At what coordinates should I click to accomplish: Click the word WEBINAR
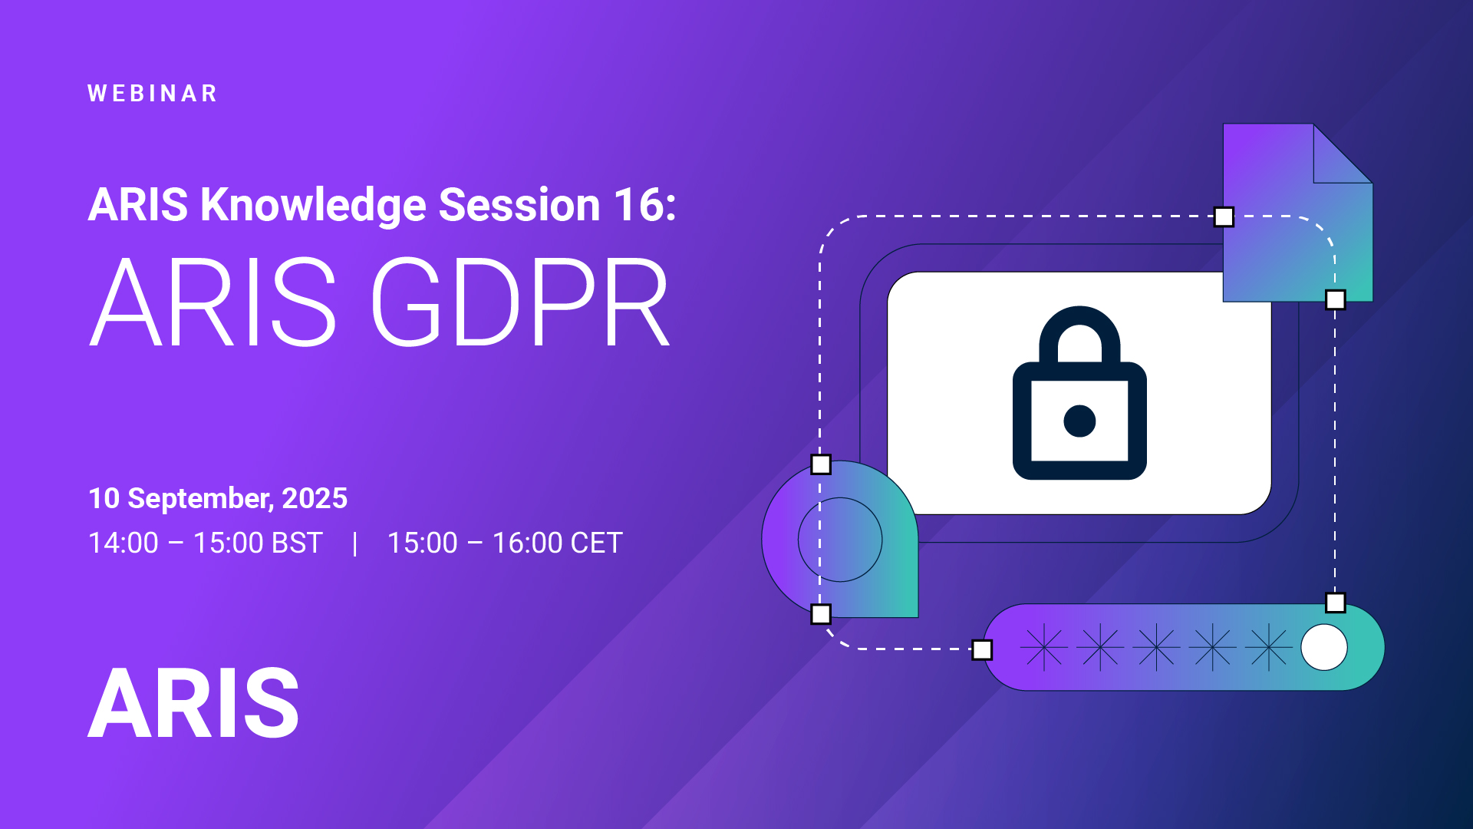153,94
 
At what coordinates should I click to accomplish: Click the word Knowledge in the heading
313,206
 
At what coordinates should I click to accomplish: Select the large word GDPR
521,302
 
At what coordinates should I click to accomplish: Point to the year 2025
315,498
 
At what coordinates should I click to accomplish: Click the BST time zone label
297,543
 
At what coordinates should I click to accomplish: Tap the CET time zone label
596,543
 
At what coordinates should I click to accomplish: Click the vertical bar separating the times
354,543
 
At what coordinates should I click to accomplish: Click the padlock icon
1079,393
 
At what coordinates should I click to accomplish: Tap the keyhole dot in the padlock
1079,421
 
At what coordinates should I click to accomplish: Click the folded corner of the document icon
1343,154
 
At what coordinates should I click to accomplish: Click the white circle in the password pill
1324,647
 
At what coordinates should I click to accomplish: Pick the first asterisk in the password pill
1044,647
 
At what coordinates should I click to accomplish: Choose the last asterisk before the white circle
1269,647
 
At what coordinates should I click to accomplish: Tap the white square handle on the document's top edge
1224,217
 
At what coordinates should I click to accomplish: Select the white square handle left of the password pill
982,650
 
